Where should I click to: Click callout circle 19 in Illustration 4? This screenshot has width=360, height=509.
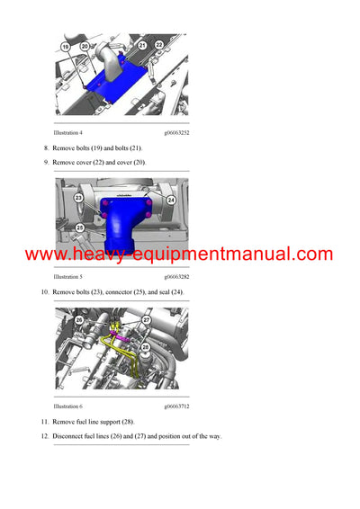coord(66,46)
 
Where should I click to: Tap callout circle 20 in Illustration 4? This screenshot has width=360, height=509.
coord(84,46)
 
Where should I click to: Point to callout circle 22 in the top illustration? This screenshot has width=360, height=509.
coord(159,44)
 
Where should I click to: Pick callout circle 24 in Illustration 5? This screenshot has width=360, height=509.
coord(171,199)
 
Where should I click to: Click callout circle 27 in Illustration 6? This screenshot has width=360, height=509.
coord(146,318)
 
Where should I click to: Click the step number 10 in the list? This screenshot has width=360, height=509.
coord(45,293)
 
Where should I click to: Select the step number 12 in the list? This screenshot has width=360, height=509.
coord(45,437)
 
